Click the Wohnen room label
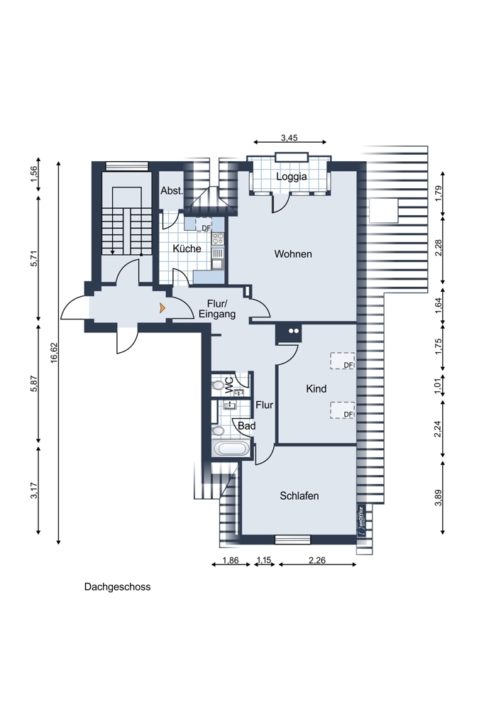pos(293,254)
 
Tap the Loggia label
pos(292,177)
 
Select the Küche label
pos(187,248)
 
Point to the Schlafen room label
pos(299,496)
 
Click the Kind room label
pos(316,388)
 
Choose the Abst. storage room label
pos(172,190)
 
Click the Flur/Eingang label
pos(217,309)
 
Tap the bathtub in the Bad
pos(231,449)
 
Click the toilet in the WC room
pos(218,386)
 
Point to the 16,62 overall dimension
pos(55,352)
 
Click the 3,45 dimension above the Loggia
pos(290,138)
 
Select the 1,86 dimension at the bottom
pos(231,560)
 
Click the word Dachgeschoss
pos(117,587)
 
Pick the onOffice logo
pos(361,520)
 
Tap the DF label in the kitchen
pos(207,228)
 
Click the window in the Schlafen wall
pos(293,540)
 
